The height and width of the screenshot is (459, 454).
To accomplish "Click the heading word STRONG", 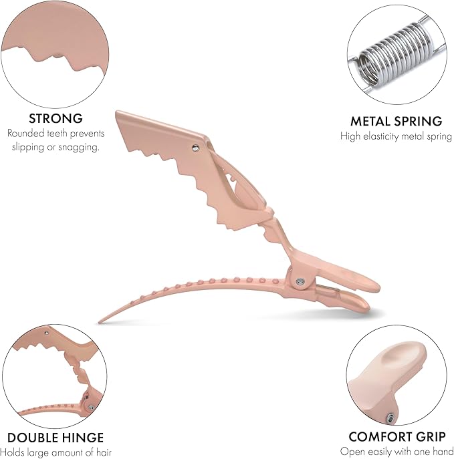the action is [x=55, y=118].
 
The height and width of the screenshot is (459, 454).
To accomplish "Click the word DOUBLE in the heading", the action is [x=32, y=438].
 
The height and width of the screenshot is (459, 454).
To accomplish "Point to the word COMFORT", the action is [x=380, y=437].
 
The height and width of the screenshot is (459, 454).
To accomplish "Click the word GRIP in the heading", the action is [x=431, y=437].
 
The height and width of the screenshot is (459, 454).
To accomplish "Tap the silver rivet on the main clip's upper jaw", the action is [x=195, y=148].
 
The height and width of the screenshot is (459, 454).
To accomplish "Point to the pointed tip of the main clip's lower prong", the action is [x=100, y=322].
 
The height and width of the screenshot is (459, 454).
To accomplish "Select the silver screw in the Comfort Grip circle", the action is [x=390, y=417].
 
